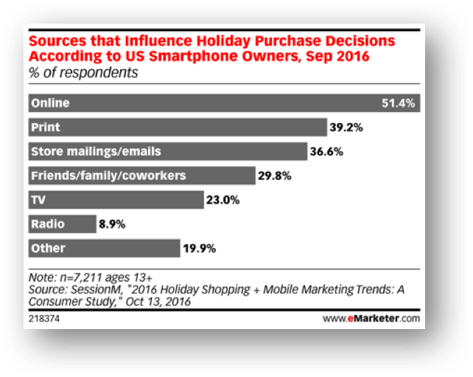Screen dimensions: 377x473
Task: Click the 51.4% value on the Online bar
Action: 400,103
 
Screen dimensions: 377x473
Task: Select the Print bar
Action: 177,128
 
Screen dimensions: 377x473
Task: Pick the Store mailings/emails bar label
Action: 96,151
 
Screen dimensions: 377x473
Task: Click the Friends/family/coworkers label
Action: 108,176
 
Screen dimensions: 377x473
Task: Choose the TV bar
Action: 115,200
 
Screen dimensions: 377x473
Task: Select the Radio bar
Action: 62,224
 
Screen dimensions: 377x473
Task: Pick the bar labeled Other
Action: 103,248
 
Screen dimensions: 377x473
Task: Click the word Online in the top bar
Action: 49,103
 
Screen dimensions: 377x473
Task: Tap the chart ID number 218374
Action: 43,319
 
